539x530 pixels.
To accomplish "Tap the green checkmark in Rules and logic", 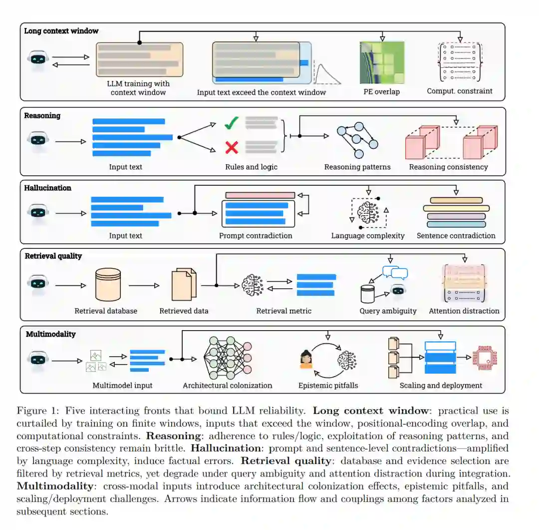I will (231, 123).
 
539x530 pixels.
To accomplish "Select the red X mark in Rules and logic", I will (231, 147).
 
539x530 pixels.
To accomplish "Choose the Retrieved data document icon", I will (184, 285).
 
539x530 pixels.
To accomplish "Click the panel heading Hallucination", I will (48, 188).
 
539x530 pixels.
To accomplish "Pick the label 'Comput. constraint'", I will (459, 91).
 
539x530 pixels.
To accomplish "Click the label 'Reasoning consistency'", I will (448, 167).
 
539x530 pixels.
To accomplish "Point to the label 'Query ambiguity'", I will (388, 311).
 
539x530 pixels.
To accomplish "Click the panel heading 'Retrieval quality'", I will (53, 256).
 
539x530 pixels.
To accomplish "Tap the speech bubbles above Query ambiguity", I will (395, 272).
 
